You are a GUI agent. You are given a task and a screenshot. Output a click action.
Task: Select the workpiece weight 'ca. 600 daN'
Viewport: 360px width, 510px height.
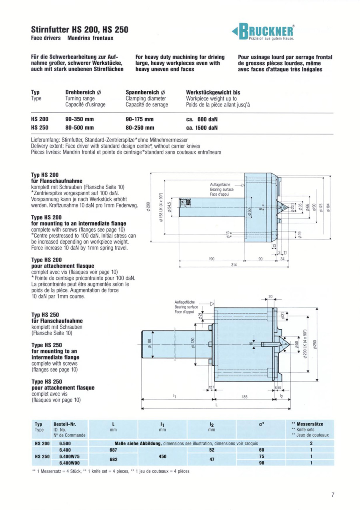(x=202, y=120)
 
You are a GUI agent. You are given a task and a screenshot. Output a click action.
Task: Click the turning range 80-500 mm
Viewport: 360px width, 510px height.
(x=79, y=128)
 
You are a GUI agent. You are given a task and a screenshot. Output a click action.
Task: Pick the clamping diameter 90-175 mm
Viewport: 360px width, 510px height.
(x=140, y=120)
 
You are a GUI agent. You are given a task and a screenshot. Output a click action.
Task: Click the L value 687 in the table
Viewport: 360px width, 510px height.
(x=113, y=450)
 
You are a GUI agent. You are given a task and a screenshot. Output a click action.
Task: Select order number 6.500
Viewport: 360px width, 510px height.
(x=65, y=443)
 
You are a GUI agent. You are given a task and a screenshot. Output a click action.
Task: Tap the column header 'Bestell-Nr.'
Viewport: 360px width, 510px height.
(x=65, y=424)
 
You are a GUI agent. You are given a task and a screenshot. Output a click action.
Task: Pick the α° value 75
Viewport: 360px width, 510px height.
(x=262, y=456)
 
